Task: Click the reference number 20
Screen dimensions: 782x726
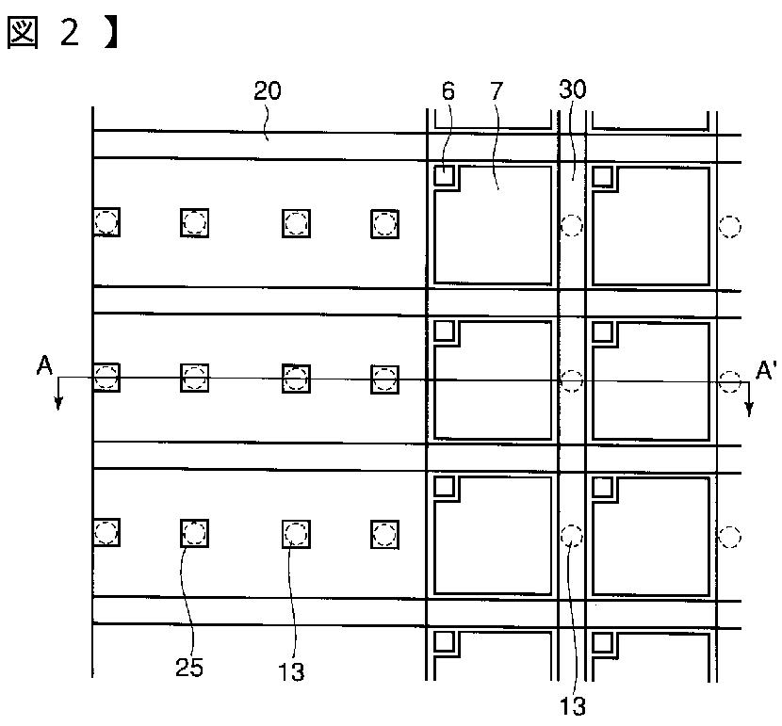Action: (268, 90)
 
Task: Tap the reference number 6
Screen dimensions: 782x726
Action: (448, 91)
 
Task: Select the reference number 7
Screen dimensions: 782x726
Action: (497, 91)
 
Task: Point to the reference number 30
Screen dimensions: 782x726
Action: (573, 89)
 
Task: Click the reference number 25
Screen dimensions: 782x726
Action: (189, 668)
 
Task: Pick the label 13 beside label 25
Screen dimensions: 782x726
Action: (291, 671)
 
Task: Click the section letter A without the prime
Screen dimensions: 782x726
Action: (44, 365)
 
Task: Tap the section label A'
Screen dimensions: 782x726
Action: (766, 371)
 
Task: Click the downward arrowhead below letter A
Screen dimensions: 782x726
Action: (58, 403)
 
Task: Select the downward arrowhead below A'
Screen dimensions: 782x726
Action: (749, 409)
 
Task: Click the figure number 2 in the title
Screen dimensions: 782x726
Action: (70, 33)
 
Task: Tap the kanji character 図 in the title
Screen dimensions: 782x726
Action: (23, 33)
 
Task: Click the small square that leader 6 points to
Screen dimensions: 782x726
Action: (444, 176)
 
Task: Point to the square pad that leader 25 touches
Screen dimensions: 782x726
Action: (194, 533)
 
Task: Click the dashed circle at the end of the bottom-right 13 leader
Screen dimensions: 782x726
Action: (572, 536)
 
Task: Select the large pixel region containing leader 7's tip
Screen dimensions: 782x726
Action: (494, 225)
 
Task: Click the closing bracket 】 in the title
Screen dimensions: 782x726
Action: (111, 33)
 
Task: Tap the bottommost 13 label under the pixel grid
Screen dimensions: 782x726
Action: (573, 706)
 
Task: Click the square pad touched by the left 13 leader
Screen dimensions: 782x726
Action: (296, 534)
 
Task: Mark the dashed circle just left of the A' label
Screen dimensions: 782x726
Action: (729, 381)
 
